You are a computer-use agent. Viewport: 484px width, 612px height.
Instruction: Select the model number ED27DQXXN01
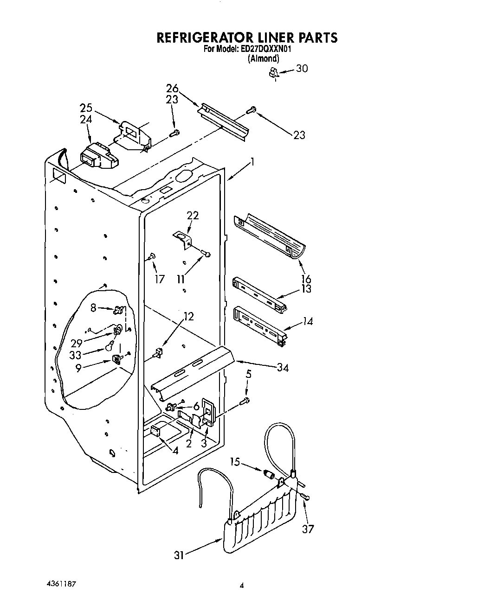click(265, 49)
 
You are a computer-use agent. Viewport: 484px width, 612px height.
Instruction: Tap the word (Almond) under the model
click(264, 59)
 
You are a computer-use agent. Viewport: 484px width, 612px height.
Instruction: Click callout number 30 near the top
click(302, 69)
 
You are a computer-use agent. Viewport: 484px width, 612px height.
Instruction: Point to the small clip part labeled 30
click(274, 72)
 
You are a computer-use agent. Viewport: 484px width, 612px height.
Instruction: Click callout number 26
click(172, 88)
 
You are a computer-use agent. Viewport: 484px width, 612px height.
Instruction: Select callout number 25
click(86, 108)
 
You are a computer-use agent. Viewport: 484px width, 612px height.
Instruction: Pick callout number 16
click(306, 279)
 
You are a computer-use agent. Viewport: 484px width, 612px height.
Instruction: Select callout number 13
click(306, 289)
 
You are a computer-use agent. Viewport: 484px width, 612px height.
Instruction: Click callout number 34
click(283, 368)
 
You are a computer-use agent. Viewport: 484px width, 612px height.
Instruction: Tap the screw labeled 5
click(246, 400)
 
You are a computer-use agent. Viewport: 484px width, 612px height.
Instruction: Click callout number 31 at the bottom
click(179, 555)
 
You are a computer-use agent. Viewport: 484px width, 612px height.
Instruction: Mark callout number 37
click(308, 529)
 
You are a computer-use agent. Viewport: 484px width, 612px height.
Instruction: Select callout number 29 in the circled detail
click(77, 344)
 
